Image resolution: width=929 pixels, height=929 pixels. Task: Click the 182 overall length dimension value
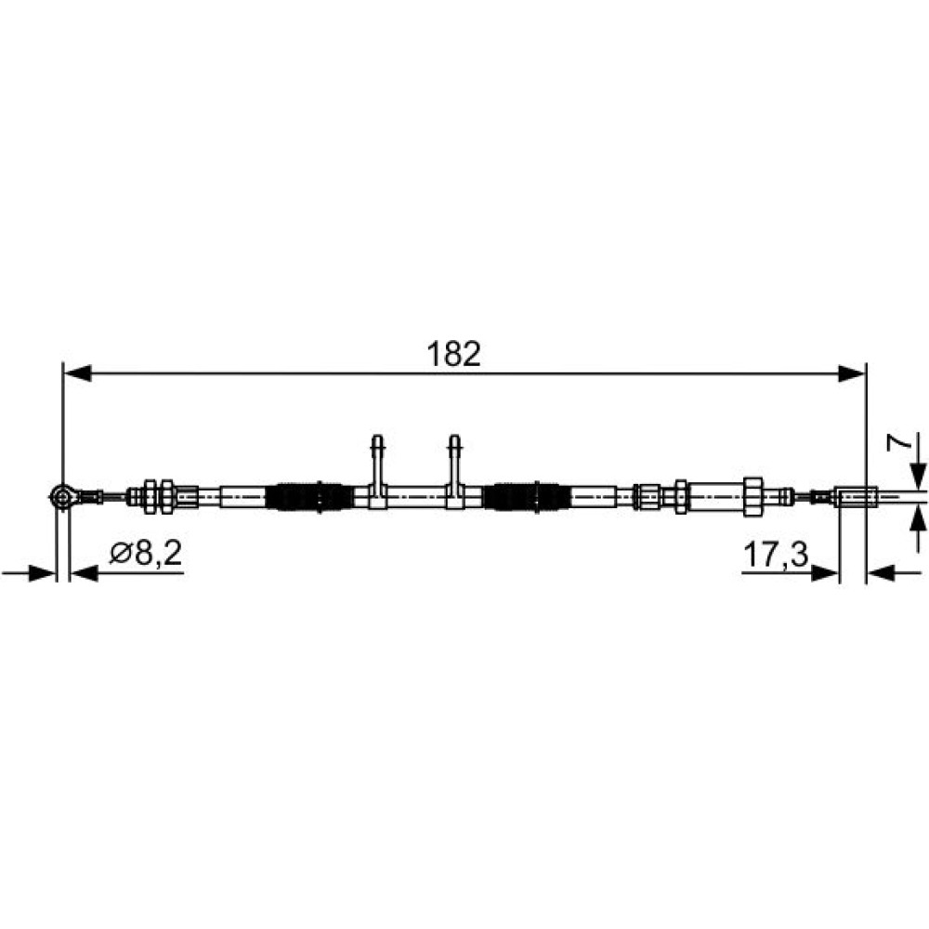[453, 354]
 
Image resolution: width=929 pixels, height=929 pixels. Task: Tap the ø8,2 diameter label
[146, 554]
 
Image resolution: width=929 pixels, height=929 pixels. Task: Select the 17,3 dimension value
[775, 556]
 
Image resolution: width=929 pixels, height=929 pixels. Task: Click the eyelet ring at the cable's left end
[62, 496]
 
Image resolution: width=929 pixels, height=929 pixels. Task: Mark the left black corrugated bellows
[310, 496]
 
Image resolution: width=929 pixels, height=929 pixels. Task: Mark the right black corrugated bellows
[527, 496]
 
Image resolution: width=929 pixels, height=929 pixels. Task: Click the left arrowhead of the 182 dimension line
[77, 373]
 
